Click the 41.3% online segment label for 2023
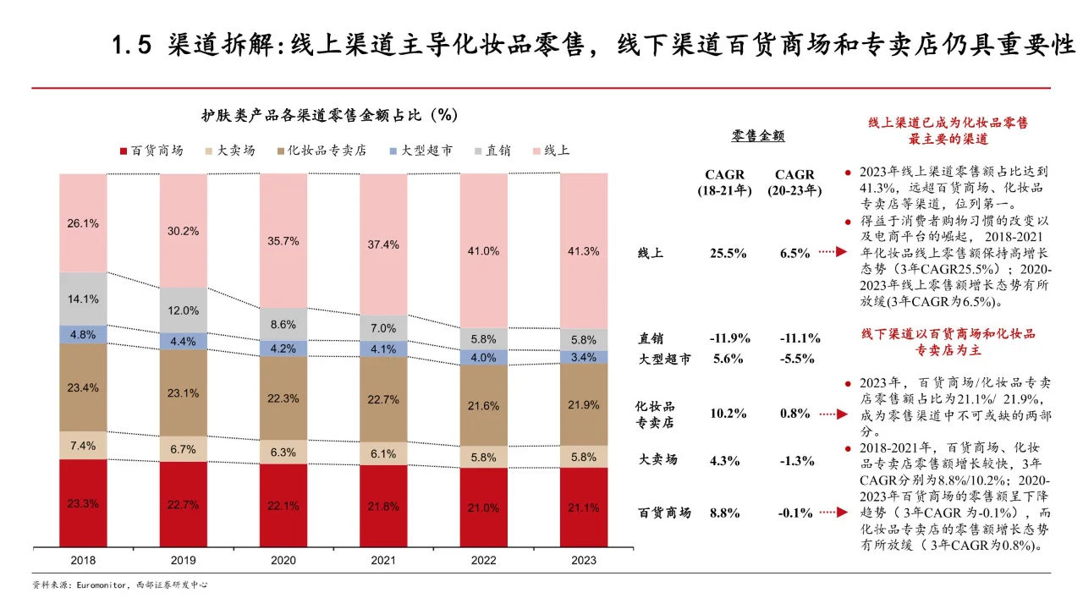[584, 251]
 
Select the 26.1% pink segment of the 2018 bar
[83, 223]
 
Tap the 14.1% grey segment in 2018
[83, 299]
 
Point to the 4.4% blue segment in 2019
[184, 341]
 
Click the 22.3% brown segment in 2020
[283, 398]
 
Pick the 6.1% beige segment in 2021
[383, 453]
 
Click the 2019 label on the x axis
[184, 561]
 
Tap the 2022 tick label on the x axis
[483, 561]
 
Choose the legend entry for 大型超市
[421, 151]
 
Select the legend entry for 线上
[550, 151]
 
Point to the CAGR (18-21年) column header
[724, 183]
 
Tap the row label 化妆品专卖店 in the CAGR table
[656, 414]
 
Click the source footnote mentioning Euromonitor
[119, 585]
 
